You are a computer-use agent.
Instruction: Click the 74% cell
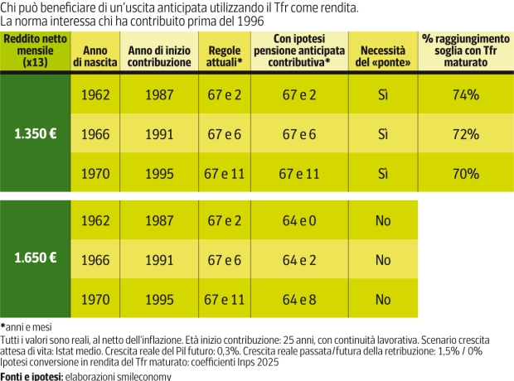point(466,94)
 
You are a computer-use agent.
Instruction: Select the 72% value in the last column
point(466,133)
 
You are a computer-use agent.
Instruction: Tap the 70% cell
point(466,173)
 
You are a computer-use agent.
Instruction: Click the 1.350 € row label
point(34,133)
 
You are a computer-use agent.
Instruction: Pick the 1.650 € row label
point(34,259)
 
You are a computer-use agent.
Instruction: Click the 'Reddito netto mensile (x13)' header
point(34,51)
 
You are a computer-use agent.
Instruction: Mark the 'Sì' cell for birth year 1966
point(382,133)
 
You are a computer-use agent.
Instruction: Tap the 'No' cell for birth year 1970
point(382,299)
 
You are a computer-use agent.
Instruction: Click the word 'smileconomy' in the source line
point(142,375)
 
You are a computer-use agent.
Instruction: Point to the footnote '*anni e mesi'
point(27,327)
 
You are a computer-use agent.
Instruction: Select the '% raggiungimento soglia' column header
point(466,51)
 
